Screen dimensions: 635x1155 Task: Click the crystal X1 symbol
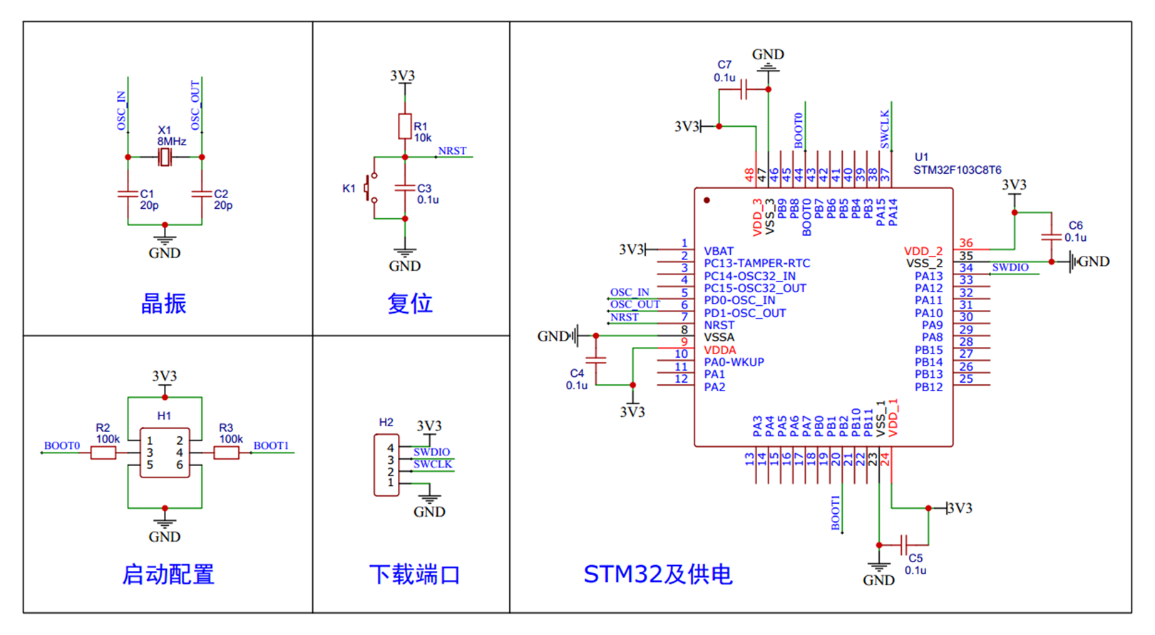point(165,157)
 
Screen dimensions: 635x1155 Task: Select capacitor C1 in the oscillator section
point(128,193)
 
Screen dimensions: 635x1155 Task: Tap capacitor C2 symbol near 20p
point(202,193)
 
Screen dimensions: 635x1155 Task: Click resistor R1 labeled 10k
point(405,126)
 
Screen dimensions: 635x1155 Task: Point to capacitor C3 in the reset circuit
point(405,187)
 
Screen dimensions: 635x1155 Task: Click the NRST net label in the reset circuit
point(452,151)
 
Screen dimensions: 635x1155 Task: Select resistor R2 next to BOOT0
point(103,453)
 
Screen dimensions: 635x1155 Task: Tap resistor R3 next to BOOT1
point(227,453)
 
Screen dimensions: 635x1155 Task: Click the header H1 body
point(165,453)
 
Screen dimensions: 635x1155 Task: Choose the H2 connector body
point(386,465)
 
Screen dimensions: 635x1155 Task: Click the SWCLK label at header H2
point(432,464)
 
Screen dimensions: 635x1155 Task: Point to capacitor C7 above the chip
point(744,90)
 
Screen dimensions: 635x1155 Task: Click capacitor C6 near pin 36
point(1051,237)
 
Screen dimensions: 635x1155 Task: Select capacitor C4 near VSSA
point(596,361)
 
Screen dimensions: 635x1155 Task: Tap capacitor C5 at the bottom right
point(904,545)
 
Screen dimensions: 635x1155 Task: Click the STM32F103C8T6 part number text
point(957,170)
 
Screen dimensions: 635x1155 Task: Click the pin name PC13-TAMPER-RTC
point(756,264)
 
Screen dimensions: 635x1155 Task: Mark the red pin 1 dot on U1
point(707,200)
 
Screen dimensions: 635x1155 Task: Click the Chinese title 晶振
point(163,304)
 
